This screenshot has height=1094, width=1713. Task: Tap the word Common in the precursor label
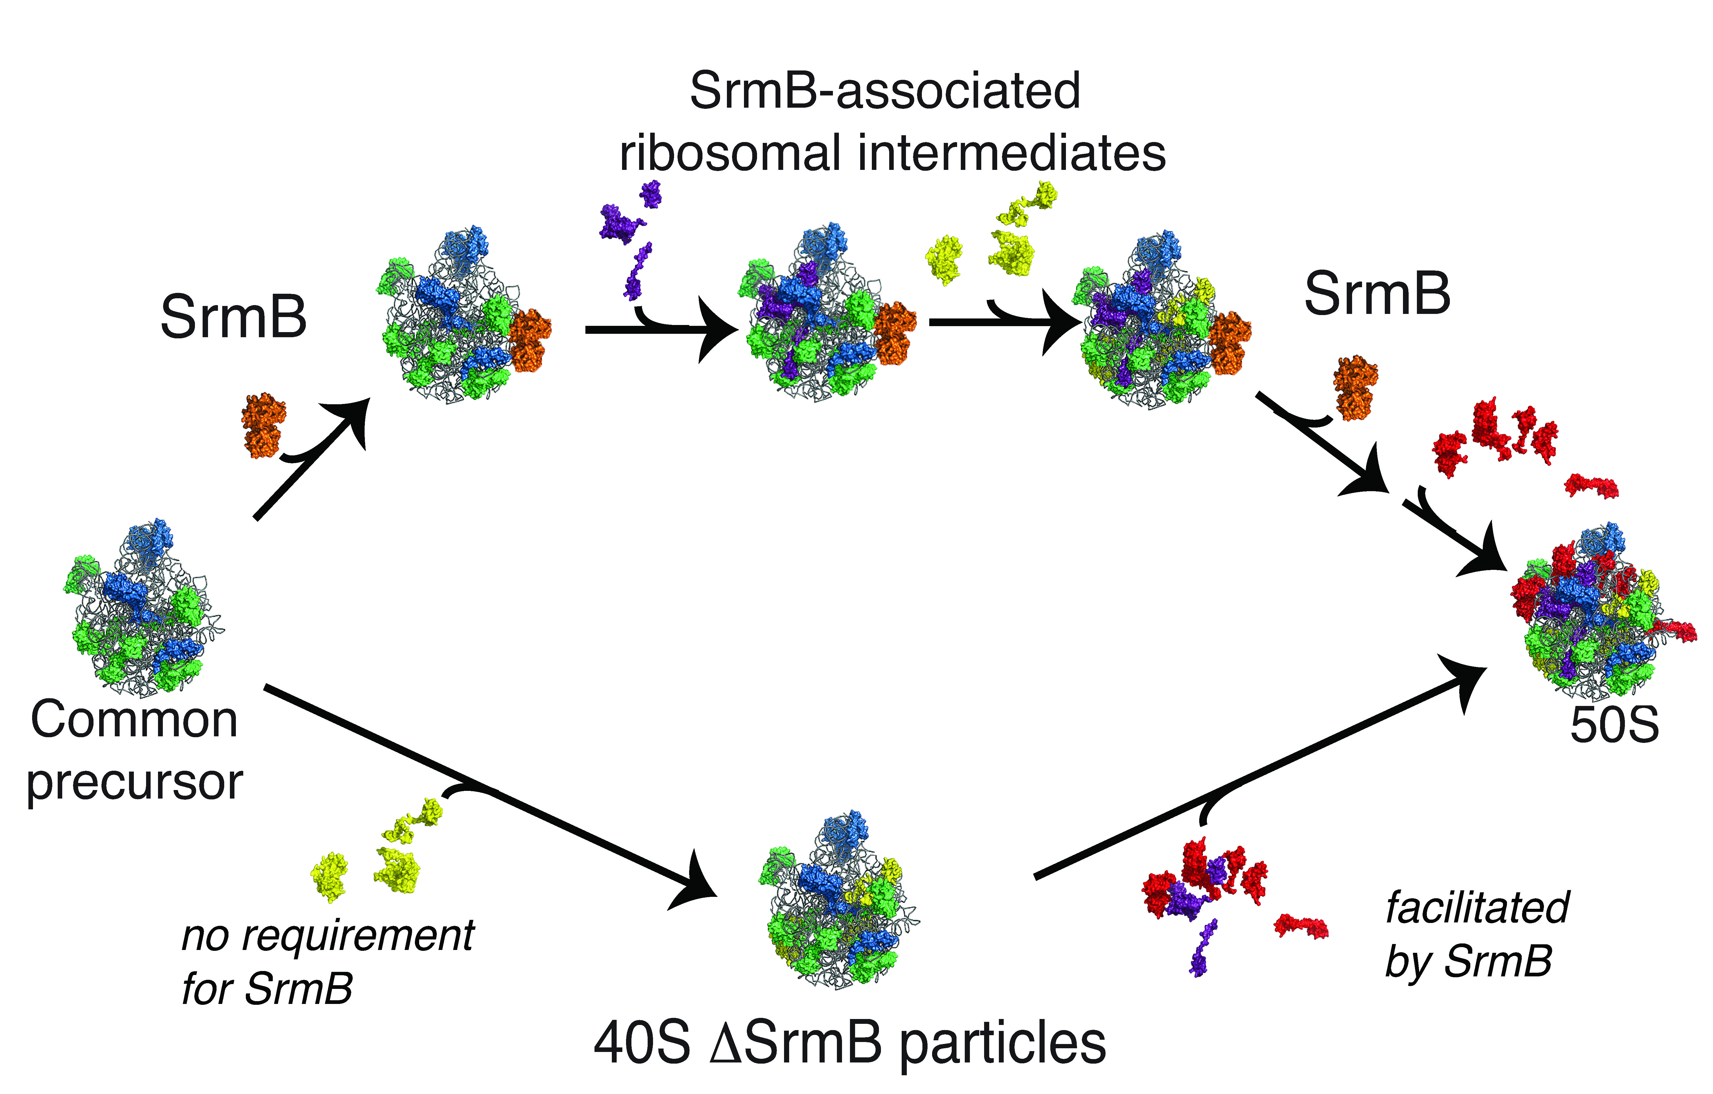click(134, 720)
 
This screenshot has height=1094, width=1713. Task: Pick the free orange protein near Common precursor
click(263, 425)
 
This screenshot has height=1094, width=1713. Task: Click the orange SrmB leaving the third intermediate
click(1355, 388)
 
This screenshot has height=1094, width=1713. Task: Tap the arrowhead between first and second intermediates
click(718, 329)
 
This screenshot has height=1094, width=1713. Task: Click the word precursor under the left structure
click(135, 782)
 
